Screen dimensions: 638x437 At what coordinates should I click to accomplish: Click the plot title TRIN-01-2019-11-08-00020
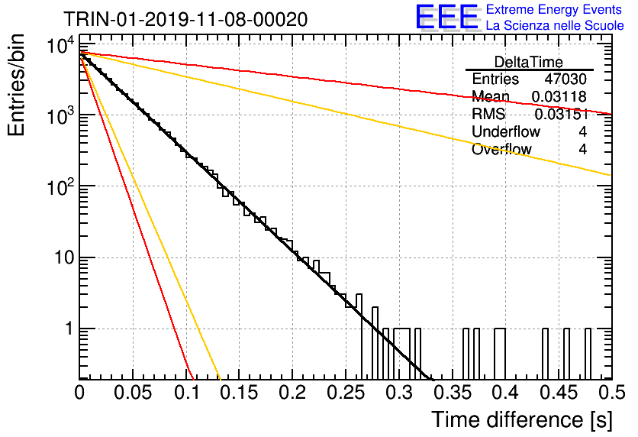click(x=185, y=20)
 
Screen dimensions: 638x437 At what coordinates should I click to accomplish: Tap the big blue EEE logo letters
click(x=447, y=17)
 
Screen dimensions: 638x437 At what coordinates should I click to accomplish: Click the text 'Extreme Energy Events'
click(x=554, y=9)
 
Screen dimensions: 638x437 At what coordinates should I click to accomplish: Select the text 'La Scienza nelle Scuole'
click(x=555, y=26)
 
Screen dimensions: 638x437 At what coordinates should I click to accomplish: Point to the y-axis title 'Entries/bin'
click(x=16, y=86)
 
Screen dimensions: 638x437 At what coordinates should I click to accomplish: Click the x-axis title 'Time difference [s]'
click(x=522, y=420)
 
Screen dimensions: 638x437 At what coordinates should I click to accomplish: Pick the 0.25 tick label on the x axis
click(x=346, y=393)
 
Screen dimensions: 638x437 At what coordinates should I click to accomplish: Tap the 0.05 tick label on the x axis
click(x=133, y=393)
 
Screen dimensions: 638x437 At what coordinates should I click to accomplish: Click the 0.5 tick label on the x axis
click(x=611, y=393)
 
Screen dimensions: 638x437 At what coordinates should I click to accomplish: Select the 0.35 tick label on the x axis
click(x=453, y=393)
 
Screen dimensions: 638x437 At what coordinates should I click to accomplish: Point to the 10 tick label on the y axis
click(x=65, y=257)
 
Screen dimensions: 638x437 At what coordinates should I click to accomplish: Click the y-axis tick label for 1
click(x=70, y=329)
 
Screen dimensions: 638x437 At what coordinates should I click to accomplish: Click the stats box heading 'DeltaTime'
click(x=529, y=63)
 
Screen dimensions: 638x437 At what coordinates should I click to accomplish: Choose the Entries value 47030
click(x=565, y=79)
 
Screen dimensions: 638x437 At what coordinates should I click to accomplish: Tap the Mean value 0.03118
click(x=559, y=97)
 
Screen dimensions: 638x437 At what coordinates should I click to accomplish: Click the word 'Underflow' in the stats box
click(x=506, y=131)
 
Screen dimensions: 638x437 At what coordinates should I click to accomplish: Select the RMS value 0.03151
click(x=561, y=115)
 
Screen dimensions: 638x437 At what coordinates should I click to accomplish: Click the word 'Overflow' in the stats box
click(x=501, y=149)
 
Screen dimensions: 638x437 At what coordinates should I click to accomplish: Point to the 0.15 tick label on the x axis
click(x=240, y=393)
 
